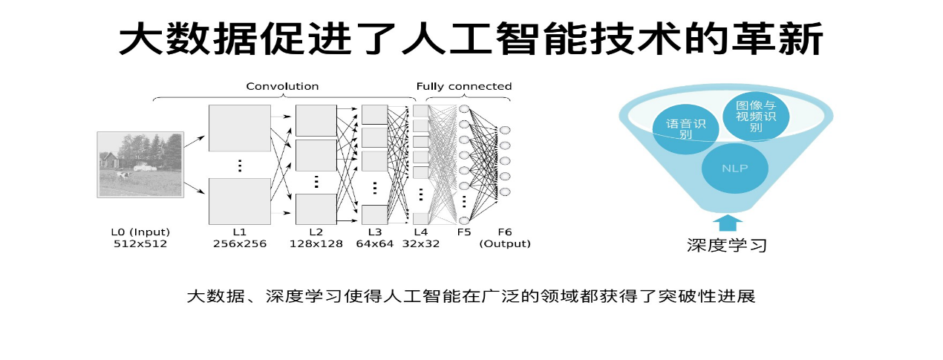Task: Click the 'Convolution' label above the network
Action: point(282,86)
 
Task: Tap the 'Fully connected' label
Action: point(463,86)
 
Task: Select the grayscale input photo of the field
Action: point(140,164)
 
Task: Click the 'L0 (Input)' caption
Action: point(140,232)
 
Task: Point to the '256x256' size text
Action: point(239,243)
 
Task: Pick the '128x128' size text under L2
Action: point(316,243)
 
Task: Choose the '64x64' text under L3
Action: point(374,243)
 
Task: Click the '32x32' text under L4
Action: point(420,243)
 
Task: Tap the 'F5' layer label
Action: point(464,232)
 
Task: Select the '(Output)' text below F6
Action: point(505,243)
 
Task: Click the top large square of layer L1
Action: point(240,128)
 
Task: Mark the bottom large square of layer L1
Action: point(240,201)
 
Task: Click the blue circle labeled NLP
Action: point(734,168)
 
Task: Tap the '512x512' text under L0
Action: point(140,243)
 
